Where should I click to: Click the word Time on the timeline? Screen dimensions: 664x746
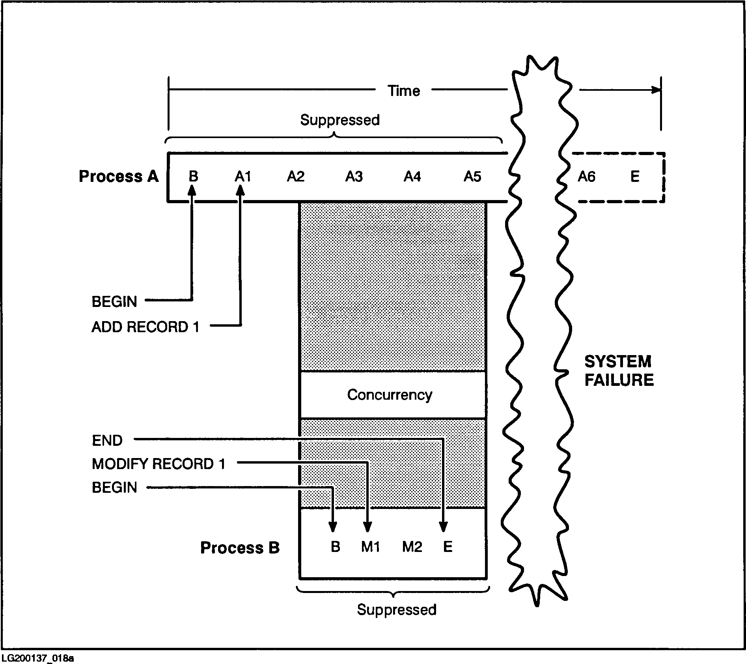tap(403, 91)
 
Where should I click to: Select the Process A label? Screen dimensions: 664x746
tap(118, 176)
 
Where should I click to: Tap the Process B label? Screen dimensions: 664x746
tap(240, 548)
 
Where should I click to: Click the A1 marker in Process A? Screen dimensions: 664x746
tap(242, 176)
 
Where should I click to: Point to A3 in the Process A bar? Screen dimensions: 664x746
tap(354, 176)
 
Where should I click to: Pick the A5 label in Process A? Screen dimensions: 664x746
tap(472, 176)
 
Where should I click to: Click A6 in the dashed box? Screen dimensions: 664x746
tap(586, 176)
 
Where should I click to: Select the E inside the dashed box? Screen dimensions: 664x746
tap(634, 176)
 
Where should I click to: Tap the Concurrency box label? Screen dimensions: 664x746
tap(390, 395)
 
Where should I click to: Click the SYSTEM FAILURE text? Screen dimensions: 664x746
tap(619, 370)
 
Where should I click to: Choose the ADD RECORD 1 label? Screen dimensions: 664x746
tap(145, 327)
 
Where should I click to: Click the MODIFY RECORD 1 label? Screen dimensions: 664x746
tap(159, 464)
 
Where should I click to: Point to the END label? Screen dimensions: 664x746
tap(107, 440)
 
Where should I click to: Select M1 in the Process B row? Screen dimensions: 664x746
tap(370, 547)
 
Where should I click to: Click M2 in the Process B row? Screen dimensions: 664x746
tap(412, 547)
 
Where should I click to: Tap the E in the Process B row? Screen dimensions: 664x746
tap(448, 547)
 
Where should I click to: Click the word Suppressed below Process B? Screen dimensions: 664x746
tap(396, 610)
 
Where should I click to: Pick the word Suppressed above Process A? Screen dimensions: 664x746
tap(339, 120)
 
